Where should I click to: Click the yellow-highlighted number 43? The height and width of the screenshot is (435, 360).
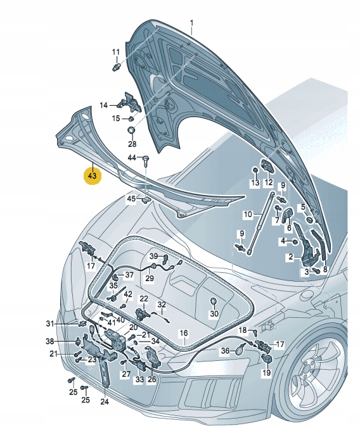[x=91, y=175]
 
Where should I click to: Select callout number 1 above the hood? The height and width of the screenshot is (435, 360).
[x=191, y=23]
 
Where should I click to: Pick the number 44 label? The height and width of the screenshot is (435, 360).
[x=132, y=157]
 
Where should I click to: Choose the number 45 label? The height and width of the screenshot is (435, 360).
[x=131, y=199]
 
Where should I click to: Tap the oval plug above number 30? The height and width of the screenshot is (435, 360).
[x=214, y=300]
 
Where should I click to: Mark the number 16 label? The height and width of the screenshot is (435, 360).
[x=183, y=332]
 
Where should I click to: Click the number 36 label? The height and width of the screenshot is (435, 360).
[x=225, y=350]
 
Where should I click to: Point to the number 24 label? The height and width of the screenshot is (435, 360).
[x=105, y=401]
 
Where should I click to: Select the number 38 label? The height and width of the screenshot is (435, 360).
[x=68, y=341]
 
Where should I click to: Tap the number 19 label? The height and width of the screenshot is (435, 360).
[x=266, y=374]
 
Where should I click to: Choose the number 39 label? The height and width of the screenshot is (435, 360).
[x=153, y=256]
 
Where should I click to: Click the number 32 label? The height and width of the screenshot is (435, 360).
[x=162, y=305]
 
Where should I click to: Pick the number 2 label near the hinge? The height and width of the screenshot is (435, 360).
[x=291, y=257]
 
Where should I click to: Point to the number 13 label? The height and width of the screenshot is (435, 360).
[x=255, y=183]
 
